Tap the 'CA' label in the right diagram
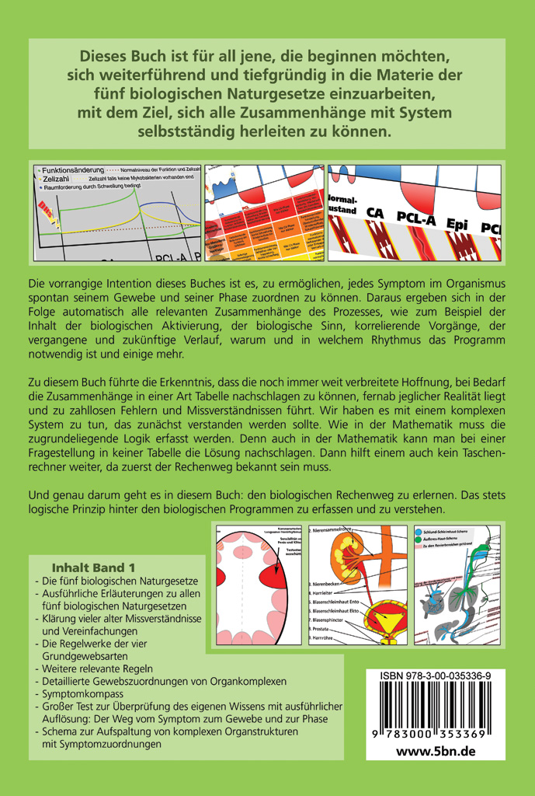375,211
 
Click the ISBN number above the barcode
435,676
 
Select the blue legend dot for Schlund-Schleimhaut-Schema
419,531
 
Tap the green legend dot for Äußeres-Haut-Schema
419,539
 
